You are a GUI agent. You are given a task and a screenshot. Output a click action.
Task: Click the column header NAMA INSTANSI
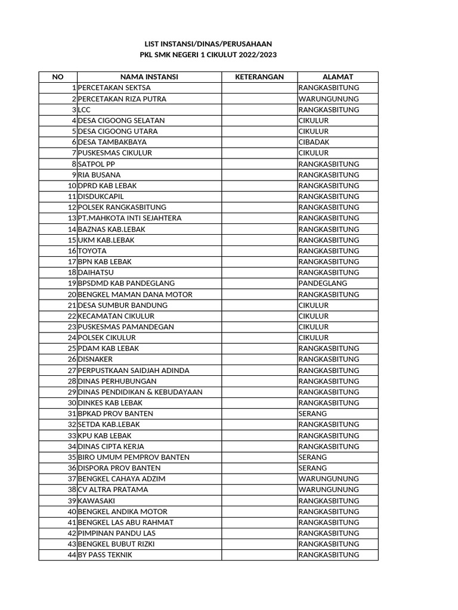(149, 77)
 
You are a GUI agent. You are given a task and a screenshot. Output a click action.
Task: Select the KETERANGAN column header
(259, 77)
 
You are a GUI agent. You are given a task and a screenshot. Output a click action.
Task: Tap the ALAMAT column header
(338, 77)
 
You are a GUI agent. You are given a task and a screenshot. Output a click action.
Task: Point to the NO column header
(58, 77)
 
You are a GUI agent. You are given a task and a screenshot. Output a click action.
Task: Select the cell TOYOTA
(92, 251)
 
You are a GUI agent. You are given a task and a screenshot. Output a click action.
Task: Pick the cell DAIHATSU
(96, 272)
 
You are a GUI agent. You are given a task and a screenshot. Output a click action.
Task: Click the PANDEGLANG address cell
(323, 284)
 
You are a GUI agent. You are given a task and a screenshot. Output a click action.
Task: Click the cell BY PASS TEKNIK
(105, 555)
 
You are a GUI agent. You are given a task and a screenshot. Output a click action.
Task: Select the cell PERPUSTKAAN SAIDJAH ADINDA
(134, 371)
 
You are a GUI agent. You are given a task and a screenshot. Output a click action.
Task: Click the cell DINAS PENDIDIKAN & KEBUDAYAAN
(140, 392)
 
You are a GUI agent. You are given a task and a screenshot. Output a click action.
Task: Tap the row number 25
(72, 348)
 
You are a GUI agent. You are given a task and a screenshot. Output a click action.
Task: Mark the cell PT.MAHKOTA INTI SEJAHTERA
(129, 218)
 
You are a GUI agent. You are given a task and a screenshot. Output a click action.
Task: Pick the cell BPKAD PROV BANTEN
(115, 413)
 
